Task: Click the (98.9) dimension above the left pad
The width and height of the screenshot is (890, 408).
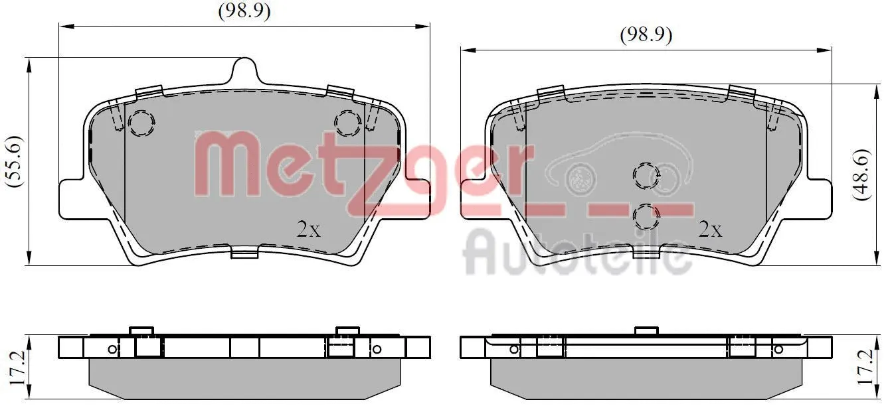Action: click(x=244, y=11)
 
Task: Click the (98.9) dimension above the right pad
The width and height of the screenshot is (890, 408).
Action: click(x=646, y=34)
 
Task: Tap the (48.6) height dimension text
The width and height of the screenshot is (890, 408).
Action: click(x=861, y=174)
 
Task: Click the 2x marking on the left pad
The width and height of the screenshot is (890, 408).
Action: click(x=308, y=230)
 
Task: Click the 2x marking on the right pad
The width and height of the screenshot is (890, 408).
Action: click(x=710, y=230)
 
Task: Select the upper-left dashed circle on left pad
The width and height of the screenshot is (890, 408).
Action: click(x=141, y=123)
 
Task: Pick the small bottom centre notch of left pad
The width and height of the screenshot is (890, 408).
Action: click(x=244, y=253)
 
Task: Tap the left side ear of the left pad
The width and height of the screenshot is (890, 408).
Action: click(x=71, y=198)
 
